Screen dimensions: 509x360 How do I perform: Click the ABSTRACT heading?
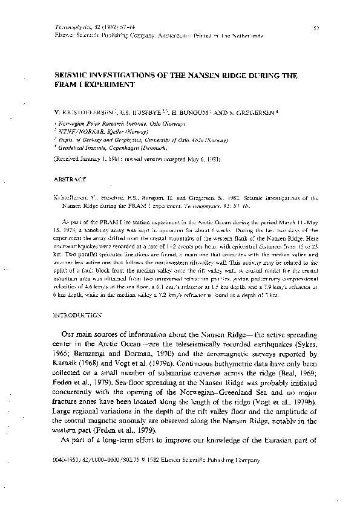pyautogui.click(x=68, y=180)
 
